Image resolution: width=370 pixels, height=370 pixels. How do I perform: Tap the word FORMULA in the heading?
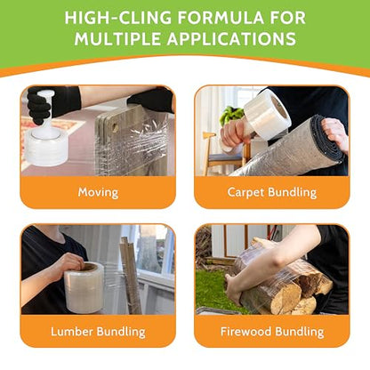(x=221, y=18)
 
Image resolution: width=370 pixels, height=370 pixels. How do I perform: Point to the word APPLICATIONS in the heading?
(x=231, y=39)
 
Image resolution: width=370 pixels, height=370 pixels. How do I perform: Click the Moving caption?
(x=98, y=192)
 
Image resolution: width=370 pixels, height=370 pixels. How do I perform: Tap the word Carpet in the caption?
(x=245, y=193)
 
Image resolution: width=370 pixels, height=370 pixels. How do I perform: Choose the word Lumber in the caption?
(x=72, y=331)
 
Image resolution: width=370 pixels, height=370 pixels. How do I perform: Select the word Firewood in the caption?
(x=245, y=331)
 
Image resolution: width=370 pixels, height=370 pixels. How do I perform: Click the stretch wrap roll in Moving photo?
(x=46, y=145)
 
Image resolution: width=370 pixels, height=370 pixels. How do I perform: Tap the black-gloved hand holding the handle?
(x=38, y=105)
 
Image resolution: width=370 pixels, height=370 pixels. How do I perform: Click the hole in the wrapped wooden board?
(x=115, y=128)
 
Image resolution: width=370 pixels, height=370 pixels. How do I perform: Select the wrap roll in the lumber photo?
(x=84, y=287)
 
